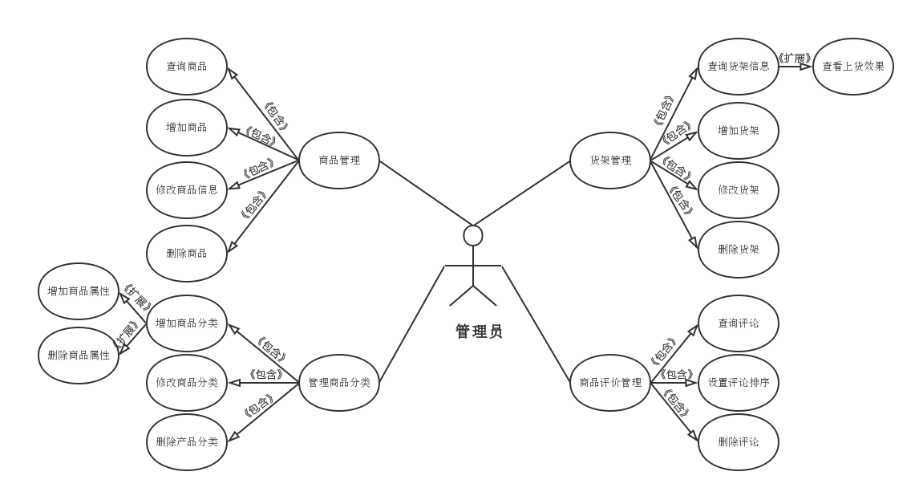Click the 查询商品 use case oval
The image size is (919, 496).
click(x=187, y=67)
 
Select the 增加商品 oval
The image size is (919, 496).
click(x=187, y=128)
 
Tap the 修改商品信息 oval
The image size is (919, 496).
click(x=187, y=190)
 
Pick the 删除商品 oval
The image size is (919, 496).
click(x=187, y=254)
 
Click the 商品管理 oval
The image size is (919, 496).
click(x=339, y=161)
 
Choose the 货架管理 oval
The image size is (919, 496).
click(x=610, y=161)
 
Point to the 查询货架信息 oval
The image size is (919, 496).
click(x=738, y=67)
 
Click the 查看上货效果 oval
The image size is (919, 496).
click(x=853, y=67)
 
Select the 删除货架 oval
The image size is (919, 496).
click(x=738, y=250)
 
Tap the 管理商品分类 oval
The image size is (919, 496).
click(x=339, y=383)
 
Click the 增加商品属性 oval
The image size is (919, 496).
click(x=79, y=291)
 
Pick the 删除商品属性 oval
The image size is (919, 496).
click(x=79, y=355)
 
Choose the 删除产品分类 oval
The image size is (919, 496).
click(x=187, y=442)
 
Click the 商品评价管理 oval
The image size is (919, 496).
click(x=610, y=383)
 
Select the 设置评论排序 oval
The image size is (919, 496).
click(x=738, y=383)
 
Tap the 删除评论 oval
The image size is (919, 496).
click(x=738, y=442)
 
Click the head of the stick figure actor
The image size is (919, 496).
click(x=473, y=235)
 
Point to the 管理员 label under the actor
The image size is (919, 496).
click(x=479, y=331)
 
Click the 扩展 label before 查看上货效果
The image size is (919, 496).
click(x=795, y=58)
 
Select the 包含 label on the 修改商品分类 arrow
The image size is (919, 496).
click(x=265, y=374)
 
